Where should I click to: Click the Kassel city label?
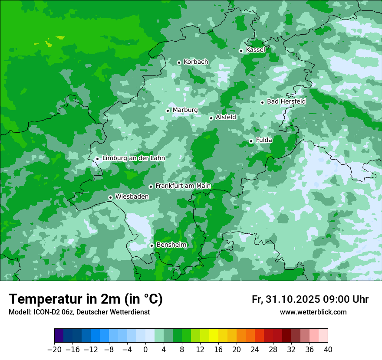pyautogui.click(x=255, y=50)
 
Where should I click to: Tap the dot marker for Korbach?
pyautogui.click(x=179, y=62)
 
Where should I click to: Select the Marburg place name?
pyautogui.click(x=185, y=110)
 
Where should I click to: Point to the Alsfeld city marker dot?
pyautogui.click(x=211, y=118)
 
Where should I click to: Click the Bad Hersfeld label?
pyautogui.click(x=286, y=101)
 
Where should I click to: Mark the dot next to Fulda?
pyautogui.click(x=251, y=141)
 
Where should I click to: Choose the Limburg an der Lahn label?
pyautogui.click(x=133, y=158)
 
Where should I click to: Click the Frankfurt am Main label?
pyautogui.click(x=183, y=186)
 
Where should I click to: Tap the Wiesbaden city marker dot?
pyautogui.click(x=110, y=197)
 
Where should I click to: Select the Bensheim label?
pyautogui.click(x=171, y=245)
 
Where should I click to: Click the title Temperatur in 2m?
pyautogui.click(x=86, y=299)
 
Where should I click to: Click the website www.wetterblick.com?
pyautogui.click(x=313, y=312)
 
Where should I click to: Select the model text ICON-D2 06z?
pyautogui.click(x=52, y=312)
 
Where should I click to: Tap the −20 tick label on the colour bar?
pyautogui.click(x=54, y=349)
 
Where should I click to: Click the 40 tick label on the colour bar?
pyautogui.click(x=328, y=349)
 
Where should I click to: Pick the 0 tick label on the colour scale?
pyautogui.click(x=145, y=349)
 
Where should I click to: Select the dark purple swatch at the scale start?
pyautogui.click(x=59, y=336)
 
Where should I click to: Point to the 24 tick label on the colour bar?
pyautogui.click(x=255, y=349)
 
